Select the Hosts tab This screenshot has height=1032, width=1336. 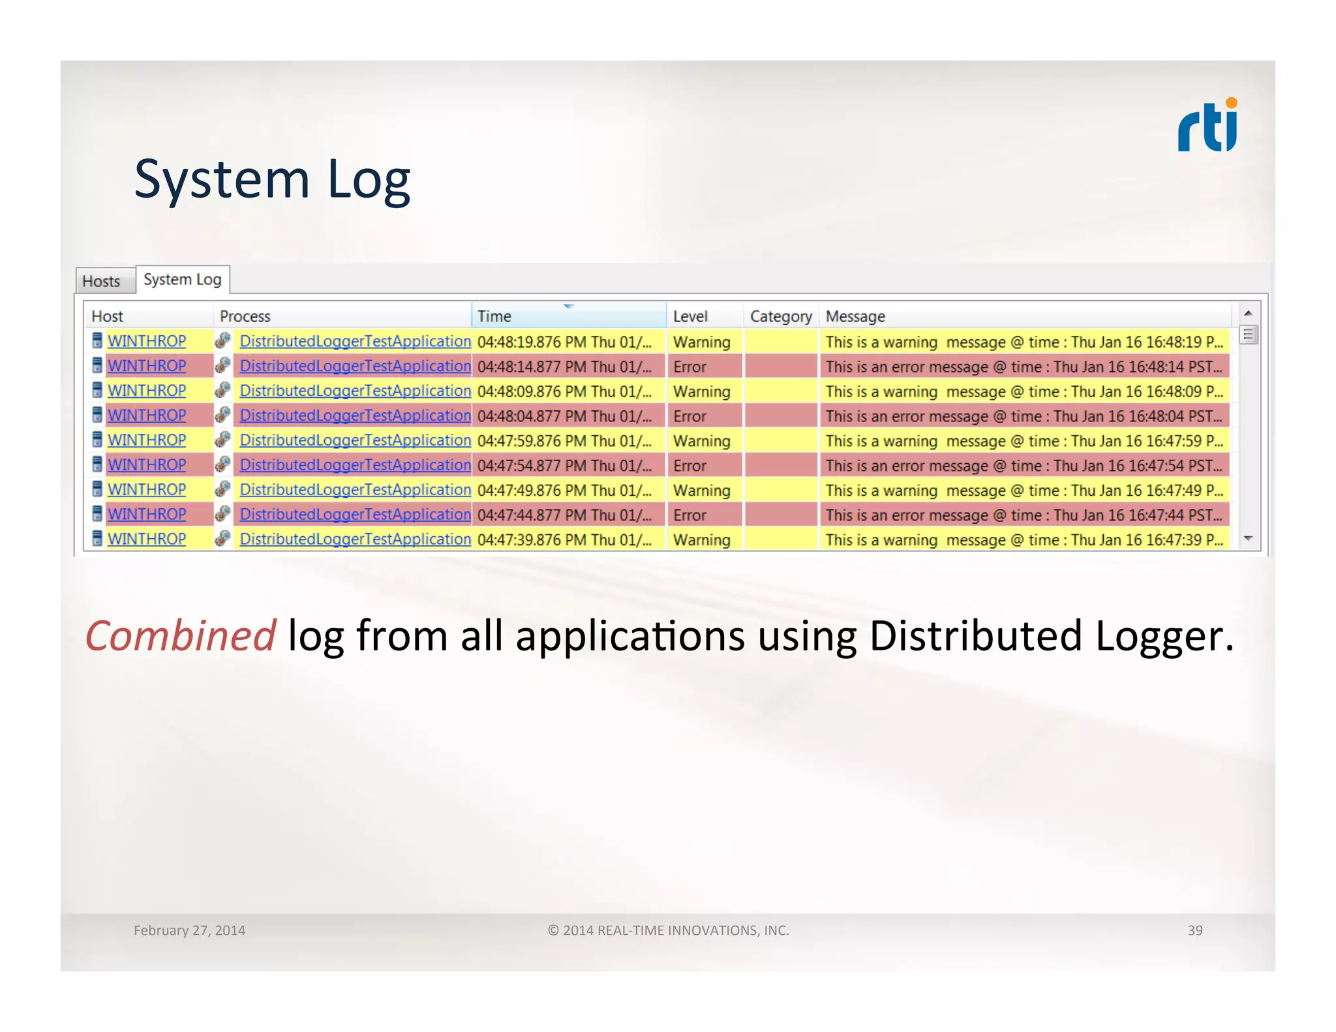(x=102, y=281)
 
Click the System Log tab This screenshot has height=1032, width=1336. (x=183, y=279)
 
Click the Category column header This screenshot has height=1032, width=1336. (x=780, y=316)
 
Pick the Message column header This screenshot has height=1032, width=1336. (x=855, y=316)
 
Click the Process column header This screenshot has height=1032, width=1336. (x=245, y=316)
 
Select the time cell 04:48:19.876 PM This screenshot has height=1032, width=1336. (x=564, y=342)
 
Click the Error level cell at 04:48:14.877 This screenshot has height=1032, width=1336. (x=690, y=367)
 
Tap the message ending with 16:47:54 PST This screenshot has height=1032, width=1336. (x=1023, y=466)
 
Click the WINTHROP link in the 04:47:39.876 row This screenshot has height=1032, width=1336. (x=147, y=539)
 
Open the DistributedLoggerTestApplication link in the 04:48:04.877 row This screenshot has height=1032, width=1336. (x=355, y=416)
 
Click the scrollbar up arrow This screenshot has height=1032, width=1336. (x=1248, y=313)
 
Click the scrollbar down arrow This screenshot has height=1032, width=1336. (x=1248, y=538)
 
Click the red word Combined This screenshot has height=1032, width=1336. (x=180, y=636)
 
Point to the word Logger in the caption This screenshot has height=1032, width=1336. (x=1163, y=636)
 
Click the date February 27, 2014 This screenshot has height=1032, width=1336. (x=189, y=930)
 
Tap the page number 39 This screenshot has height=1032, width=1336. (x=1194, y=930)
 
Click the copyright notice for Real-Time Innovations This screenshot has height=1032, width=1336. (x=668, y=930)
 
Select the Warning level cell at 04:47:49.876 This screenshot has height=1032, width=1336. (x=701, y=491)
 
